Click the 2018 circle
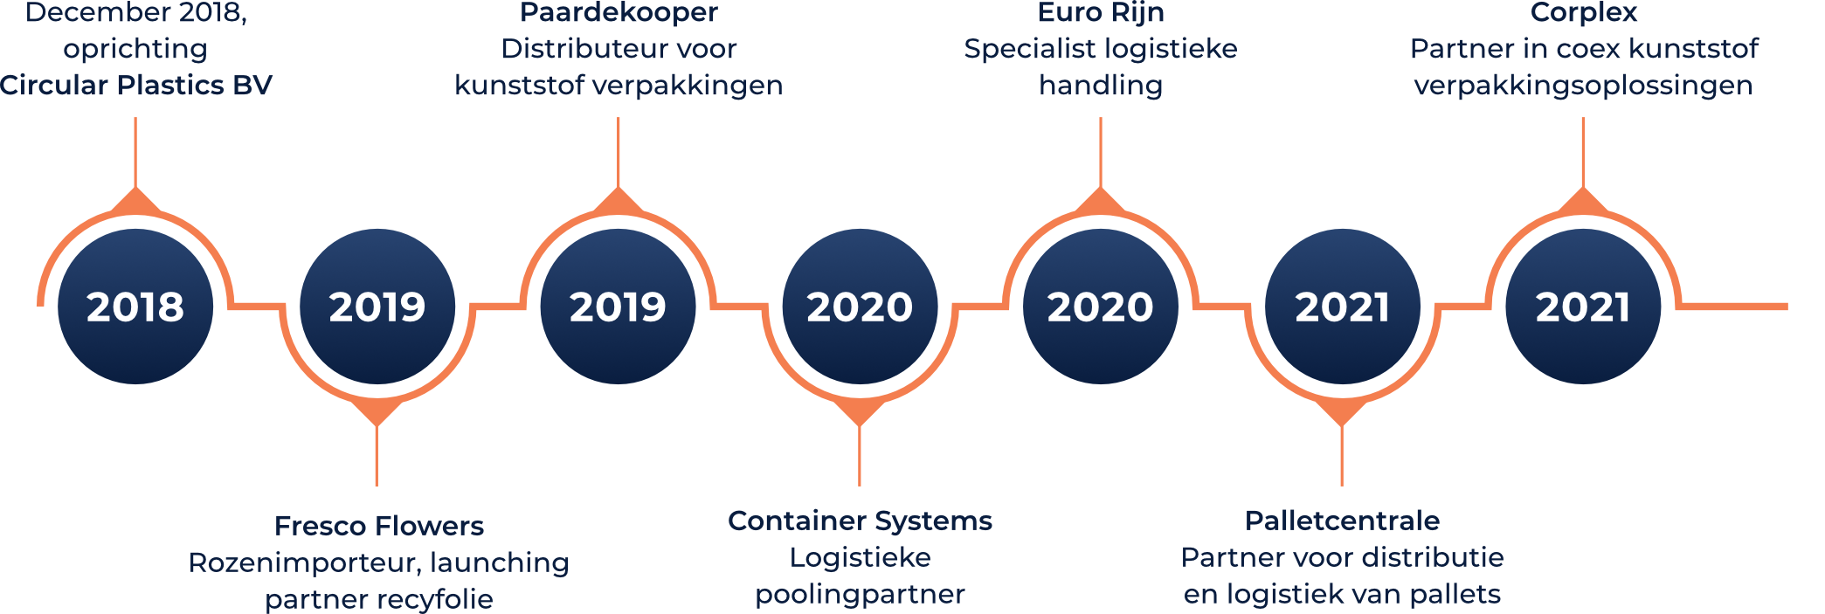click(x=135, y=307)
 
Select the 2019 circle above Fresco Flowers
click(x=377, y=307)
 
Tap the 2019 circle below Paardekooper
click(x=618, y=307)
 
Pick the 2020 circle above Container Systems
click(x=860, y=307)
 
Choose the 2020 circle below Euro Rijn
click(x=1101, y=307)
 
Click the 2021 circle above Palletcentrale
click(x=1343, y=307)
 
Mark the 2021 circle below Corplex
click(x=1583, y=307)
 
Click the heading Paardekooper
click(x=619, y=12)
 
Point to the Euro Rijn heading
click(x=1101, y=12)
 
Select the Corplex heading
click(x=1584, y=12)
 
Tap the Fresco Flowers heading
click(x=379, y=526)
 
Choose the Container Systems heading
click(x=861, y=521)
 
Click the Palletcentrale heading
click(x=1343, y=521)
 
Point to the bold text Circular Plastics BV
click(x=136, y=85)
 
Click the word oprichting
click(x=135, y=49)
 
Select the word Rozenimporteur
click(x=302, y=563)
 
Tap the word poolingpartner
click(x=861, y=595)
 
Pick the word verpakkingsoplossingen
click(x=1584, y=86)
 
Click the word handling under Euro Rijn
click(x=1101, y=86)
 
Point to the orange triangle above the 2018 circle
click(x=135, y=202)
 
